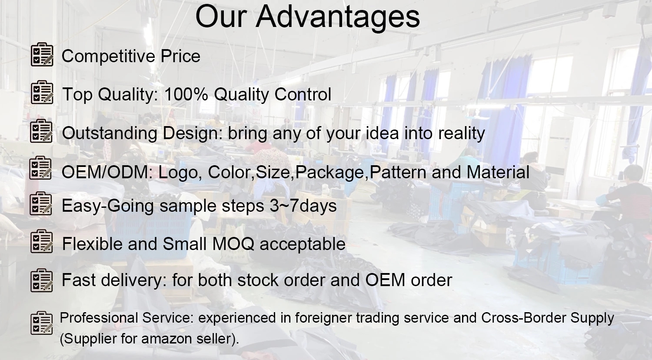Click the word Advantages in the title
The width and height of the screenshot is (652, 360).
tap(338, 17)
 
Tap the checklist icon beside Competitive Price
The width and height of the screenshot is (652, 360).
tap(42, 54)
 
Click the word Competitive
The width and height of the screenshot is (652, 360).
tap(108, 56)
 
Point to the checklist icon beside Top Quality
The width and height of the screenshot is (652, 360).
tap(42, 92)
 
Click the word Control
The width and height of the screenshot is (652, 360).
tap(303, 94)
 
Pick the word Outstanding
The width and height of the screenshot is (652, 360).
tap(110, 133)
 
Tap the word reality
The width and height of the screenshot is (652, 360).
tap(462, 133)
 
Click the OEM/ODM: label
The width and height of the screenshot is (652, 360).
tap(107, 172)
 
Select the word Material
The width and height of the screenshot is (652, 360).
tap(498, 172)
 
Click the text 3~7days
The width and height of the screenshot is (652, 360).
tap(303, 206)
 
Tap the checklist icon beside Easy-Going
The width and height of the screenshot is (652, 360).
tap(41, 203)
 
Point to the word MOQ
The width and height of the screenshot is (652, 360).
tap(233, 244)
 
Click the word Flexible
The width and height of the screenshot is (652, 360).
tap(92, 243)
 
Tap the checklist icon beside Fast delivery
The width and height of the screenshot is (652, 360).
tap(42, 280)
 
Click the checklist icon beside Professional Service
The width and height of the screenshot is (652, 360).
tap(42, 323)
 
